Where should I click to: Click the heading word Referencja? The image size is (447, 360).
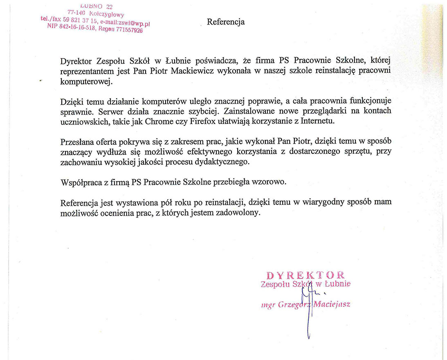point(226,22)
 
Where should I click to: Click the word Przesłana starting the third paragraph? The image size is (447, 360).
point(77,142)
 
